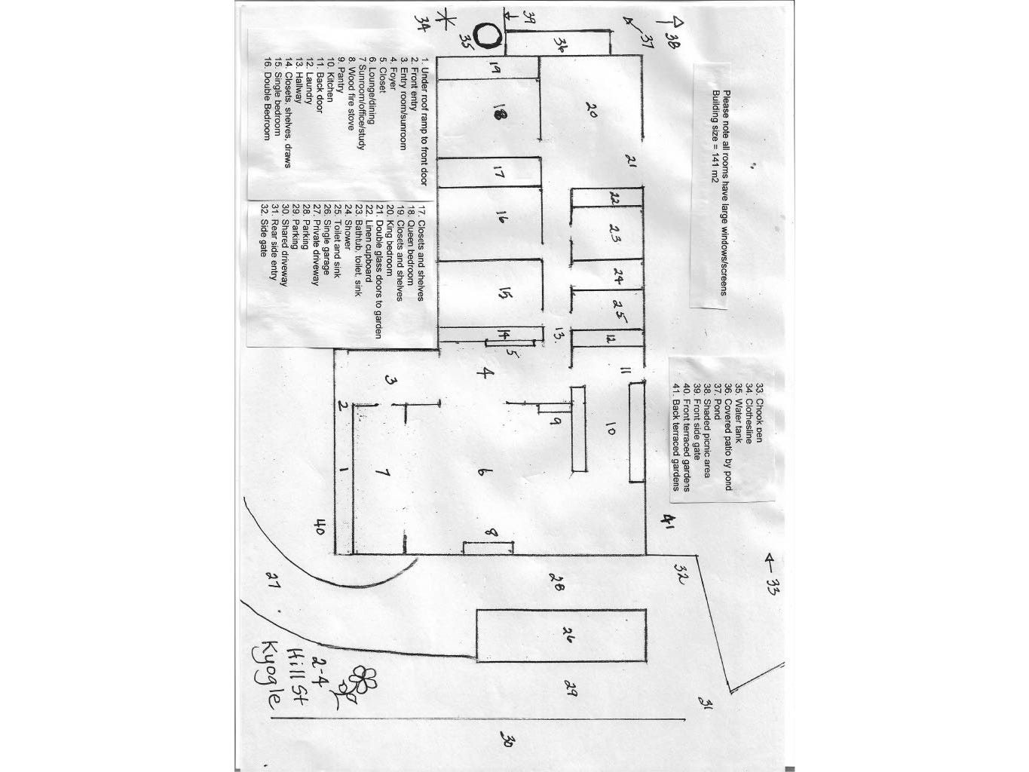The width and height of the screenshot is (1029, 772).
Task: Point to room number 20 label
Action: (x=590, y=110)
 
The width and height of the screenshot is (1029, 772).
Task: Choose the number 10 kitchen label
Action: (x=610, y=431)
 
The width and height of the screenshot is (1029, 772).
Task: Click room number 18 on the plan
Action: (x=498, y=114)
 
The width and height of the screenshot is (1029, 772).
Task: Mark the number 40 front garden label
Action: (x=318, y=526)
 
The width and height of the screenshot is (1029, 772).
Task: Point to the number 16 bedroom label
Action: (x=500, y=219)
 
